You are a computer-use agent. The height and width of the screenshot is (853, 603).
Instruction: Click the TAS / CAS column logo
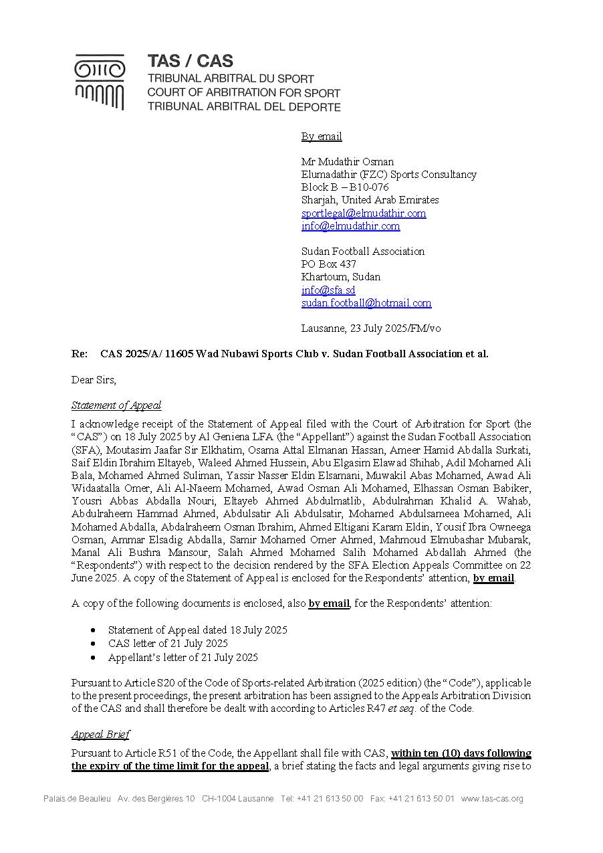[x=100, y=82]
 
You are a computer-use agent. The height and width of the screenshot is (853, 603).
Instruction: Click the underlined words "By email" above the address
[x=321, y=136]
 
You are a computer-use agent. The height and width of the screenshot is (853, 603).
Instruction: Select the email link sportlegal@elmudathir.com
[x=363, y=213]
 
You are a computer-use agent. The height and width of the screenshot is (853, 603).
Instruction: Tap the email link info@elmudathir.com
[x=350, y=226]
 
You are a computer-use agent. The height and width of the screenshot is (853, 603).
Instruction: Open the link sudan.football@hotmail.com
[x=366, y=303]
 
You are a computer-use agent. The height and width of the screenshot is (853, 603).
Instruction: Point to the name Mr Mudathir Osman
[x=347, y=162]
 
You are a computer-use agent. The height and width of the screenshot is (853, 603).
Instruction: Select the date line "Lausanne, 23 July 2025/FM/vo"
[x=370, y=328]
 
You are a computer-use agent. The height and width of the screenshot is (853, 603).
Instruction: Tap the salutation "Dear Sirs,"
[x=94, y=380]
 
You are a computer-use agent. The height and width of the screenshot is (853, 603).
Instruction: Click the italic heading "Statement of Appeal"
[x=116, y=405]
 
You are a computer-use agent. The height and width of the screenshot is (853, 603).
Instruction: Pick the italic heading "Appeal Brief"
[x=100, y=735]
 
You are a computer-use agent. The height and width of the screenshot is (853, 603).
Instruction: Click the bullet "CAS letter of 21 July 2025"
[x=168, y=644]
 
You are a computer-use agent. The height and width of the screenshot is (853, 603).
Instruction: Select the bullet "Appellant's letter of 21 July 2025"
[x=183, y=658]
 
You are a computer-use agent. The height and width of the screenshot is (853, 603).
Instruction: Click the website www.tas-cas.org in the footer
[x=491, y=799]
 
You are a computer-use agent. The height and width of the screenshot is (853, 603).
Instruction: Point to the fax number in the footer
[x=412, y=799]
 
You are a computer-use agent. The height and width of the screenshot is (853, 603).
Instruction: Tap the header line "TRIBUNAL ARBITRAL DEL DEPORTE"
[x=243, y=107]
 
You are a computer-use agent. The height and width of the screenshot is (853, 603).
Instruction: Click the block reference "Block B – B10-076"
[x=344, y=187]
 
